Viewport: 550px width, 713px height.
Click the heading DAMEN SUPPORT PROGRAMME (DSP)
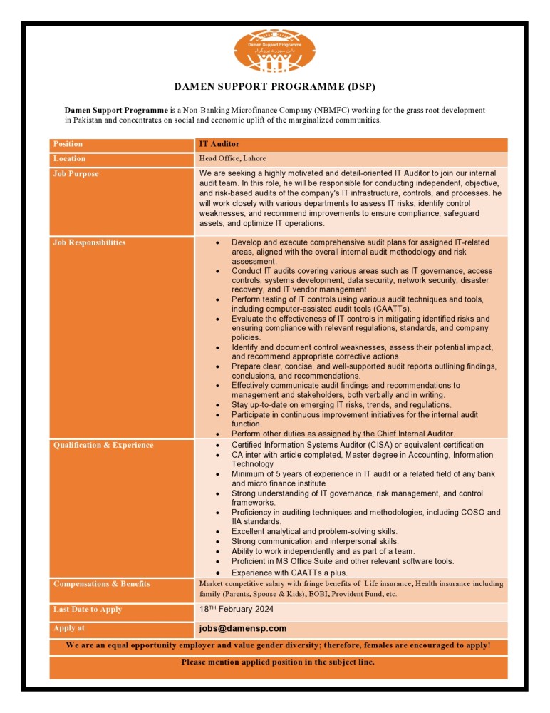pyautogui.click(x=275, y=87)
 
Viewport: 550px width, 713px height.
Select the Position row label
pyautogui.click(x=68, y=144)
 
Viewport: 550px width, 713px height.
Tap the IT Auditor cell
pyautogui.click(x=219, y=144)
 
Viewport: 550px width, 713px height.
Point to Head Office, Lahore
pyautogui.click(x=232, y=158)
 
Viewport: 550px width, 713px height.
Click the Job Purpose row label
pyautogui.click(x=76, y=174)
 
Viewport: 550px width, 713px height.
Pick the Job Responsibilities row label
pyautogui.click(x=89, y=242)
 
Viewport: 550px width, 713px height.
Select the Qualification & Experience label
pyautogui.click(x=103, y=446)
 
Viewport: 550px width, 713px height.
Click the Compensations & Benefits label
pyautogui.click(x=102, y=584)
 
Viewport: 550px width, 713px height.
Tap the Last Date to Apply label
pyautogui.click(x=88, y=610)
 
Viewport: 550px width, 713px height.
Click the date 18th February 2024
pyautogui.click(x=237, y=610)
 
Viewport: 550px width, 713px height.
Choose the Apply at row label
pyautogui.click(x=69, y=628)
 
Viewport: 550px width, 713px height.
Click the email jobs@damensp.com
pyautogui.click(x=243, y=628)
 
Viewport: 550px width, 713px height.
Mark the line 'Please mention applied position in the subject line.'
pyautogui.click(x=278, y=662)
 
